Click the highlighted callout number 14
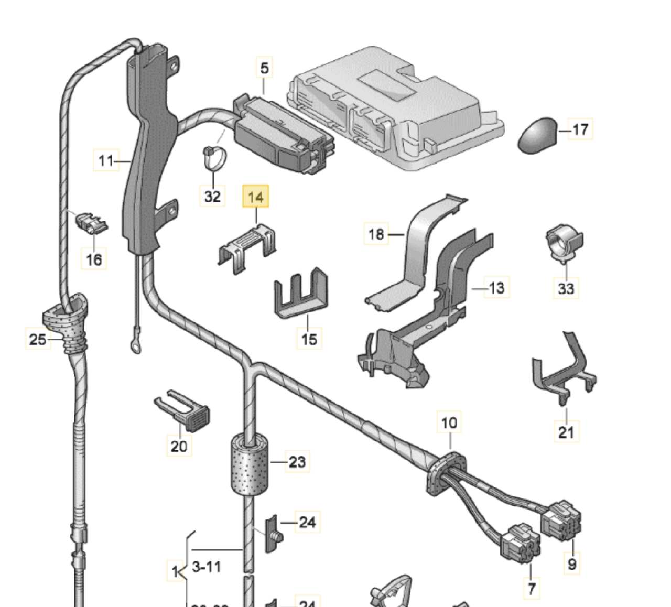coord(255,198)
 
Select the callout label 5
coord(264,68)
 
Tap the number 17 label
coord(580,129)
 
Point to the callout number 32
coord(212,196)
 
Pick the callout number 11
coord(106,160)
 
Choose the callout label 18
coord(376,234)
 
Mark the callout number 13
coord(496,288)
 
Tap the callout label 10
coord(449,423)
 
